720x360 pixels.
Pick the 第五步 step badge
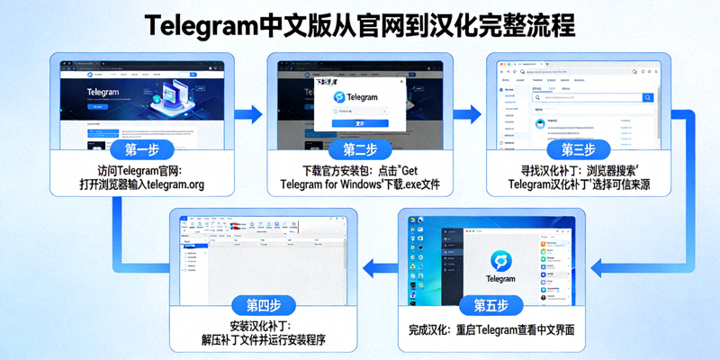click(490, 304)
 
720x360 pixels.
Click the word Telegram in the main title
click(212, 25)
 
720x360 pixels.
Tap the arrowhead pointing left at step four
click(367, 264)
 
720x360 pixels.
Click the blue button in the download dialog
click(360, 123)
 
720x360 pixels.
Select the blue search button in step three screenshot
click(647, 97)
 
